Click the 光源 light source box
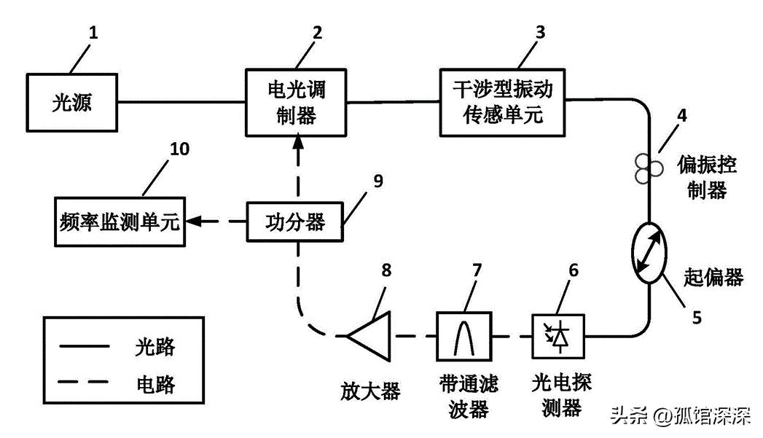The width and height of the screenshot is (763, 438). pyautogui.click(x=73, y=104)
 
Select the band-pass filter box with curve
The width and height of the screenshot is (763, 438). pyautogui.click(x=463, y=337)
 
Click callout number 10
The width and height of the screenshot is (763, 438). pyautogui.click(x=179, y=149)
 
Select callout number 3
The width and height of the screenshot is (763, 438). pyautogui.click(x=540, y=32)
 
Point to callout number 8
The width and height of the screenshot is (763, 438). pyautogui.click(x=386, y=270)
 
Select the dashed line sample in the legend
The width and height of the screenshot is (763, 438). pyautogui.click(x=85, y=382)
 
